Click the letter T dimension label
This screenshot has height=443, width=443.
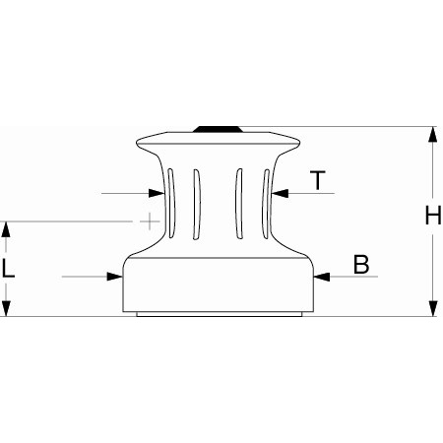pyautogui.click(x=317, y=180)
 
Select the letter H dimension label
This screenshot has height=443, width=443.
pyautogui.click(x=432, y=217)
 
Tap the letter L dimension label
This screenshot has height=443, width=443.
pyautogui.click(x=9, y=268)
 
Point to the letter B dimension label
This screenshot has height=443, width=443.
pyautogui.click(x=361, y=264)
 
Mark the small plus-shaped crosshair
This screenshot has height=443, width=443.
pyautogui.click(x=149, y=221)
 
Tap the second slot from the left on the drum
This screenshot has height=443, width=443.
pyautogui.click(x=197, y=203)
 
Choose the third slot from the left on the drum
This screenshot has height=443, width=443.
pyautogui.click(x=238, y=203)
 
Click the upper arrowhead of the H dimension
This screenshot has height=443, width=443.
pyautogui.click(x=432, y=135)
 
